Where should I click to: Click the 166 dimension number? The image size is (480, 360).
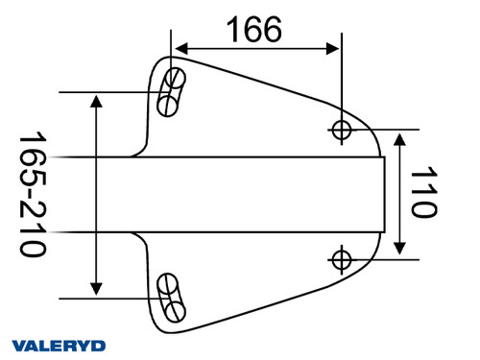point(254,30)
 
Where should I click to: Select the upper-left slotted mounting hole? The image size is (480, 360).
point(172,90)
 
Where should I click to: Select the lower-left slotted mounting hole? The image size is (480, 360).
point(172,298)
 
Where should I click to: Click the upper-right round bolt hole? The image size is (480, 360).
point(341,129)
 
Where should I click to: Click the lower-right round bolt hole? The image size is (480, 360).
point(341,257)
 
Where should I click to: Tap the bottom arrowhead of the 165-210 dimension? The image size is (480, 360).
point(96,287)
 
